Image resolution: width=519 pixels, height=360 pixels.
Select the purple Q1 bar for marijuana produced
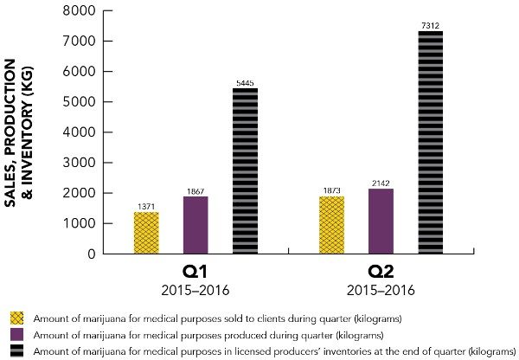pyautogui.click(x=195, y=225)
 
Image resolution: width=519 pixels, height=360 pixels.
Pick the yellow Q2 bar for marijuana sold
pyautogui.click(x=332, y=225)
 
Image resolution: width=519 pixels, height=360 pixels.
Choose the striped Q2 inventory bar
pyautogui.click(x=431, y=143)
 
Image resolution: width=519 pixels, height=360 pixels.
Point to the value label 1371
pyautogui.click(x=146, y=206)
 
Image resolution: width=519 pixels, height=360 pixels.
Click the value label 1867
pyautogui.click(x=195, y=190)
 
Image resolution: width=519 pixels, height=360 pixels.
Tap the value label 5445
pyautogui.click(x=246, y=82)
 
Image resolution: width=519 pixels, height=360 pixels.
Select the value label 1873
pyautogui.click(x=332, y=190)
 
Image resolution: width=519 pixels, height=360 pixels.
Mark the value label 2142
pyautogui.click(x=381, y=183)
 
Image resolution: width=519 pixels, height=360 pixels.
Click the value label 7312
pyautogui.click(x=431, y=25)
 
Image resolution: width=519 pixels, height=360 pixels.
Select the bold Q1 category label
pyautogui.click(x=195, y=271)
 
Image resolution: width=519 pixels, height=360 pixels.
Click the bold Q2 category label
pyautogui.click(x=382, y=271)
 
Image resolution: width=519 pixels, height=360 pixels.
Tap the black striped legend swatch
pyautogui.click(x=16, y=351)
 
